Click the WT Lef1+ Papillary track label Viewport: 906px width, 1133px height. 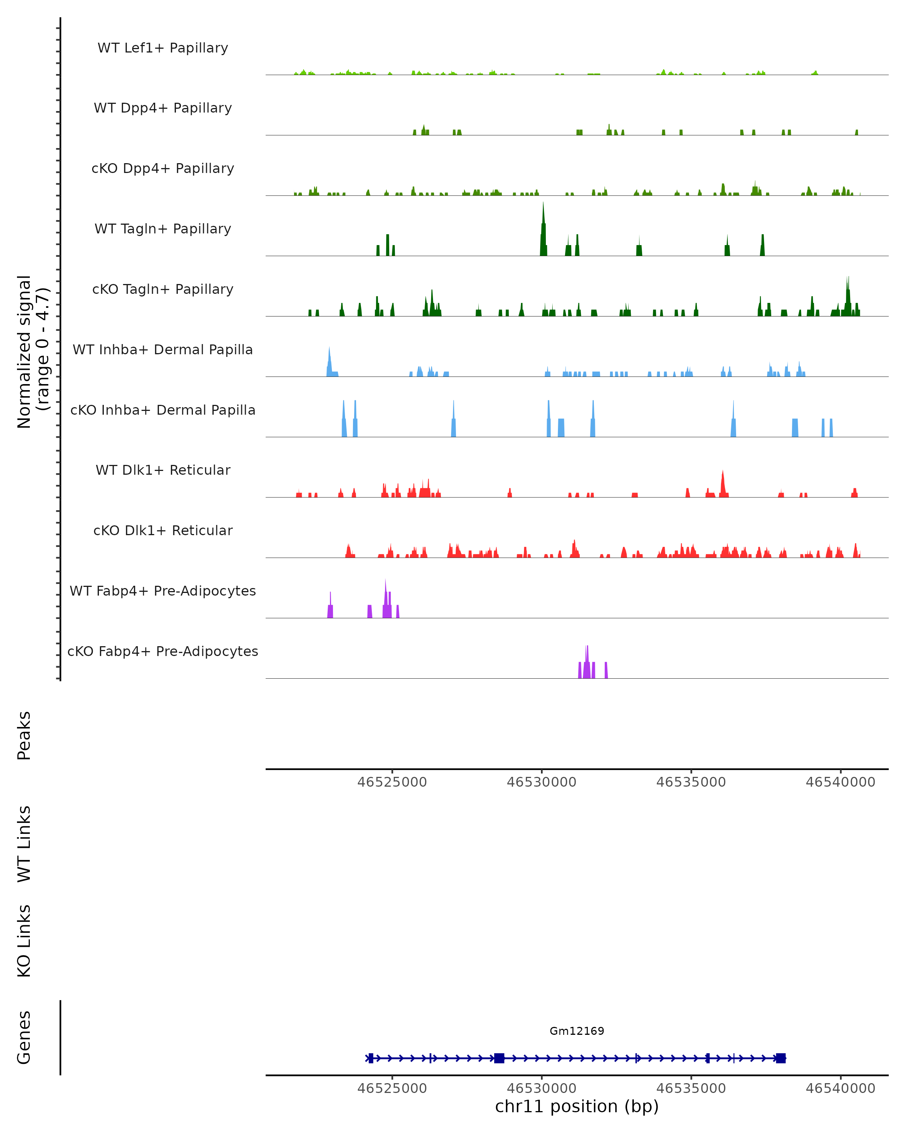pyautogui.click(x=163, y=48)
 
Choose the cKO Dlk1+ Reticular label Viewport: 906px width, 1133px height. pyautogui.click(x=163, y=530)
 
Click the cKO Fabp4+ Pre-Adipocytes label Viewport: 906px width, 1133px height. pyautogui.click(x=163, y=651)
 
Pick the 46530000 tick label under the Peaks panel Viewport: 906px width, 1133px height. pyautogui.click(x=541, y=782)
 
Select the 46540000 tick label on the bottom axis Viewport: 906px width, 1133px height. pyautogui.click(x=840, y=1088)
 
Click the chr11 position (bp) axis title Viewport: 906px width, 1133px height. pyautogui.click(x=577, y=1107)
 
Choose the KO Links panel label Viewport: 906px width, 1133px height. pyautogui.click(x=24, y=941)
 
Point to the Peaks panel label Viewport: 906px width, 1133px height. pyautogui.click(x=24, y=735)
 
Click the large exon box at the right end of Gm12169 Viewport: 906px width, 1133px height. pyautogui.click(x=780, y=1058)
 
